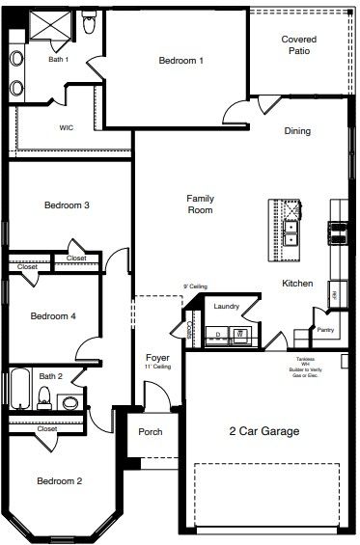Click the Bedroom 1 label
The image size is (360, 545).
point(181,61)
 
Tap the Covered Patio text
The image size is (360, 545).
point(298,44)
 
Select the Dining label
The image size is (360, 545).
point(297,131)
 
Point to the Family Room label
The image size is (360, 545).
point(200,204)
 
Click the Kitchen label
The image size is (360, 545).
point(296,284)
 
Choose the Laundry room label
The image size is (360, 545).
point(227,307)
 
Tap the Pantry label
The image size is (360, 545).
point(325,330)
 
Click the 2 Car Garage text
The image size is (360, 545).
point(263,431)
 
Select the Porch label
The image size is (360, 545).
point(151,432)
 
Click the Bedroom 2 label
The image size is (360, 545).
point(59,481)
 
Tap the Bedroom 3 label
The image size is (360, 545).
point(68,204)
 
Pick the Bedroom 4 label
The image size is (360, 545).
point(53,316)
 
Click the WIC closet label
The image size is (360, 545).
point(67,126)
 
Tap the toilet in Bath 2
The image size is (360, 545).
point(42,395)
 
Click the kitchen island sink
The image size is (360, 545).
point(290,229)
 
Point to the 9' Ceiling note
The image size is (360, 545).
point(196,286)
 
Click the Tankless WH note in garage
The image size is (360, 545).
point(305,368)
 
